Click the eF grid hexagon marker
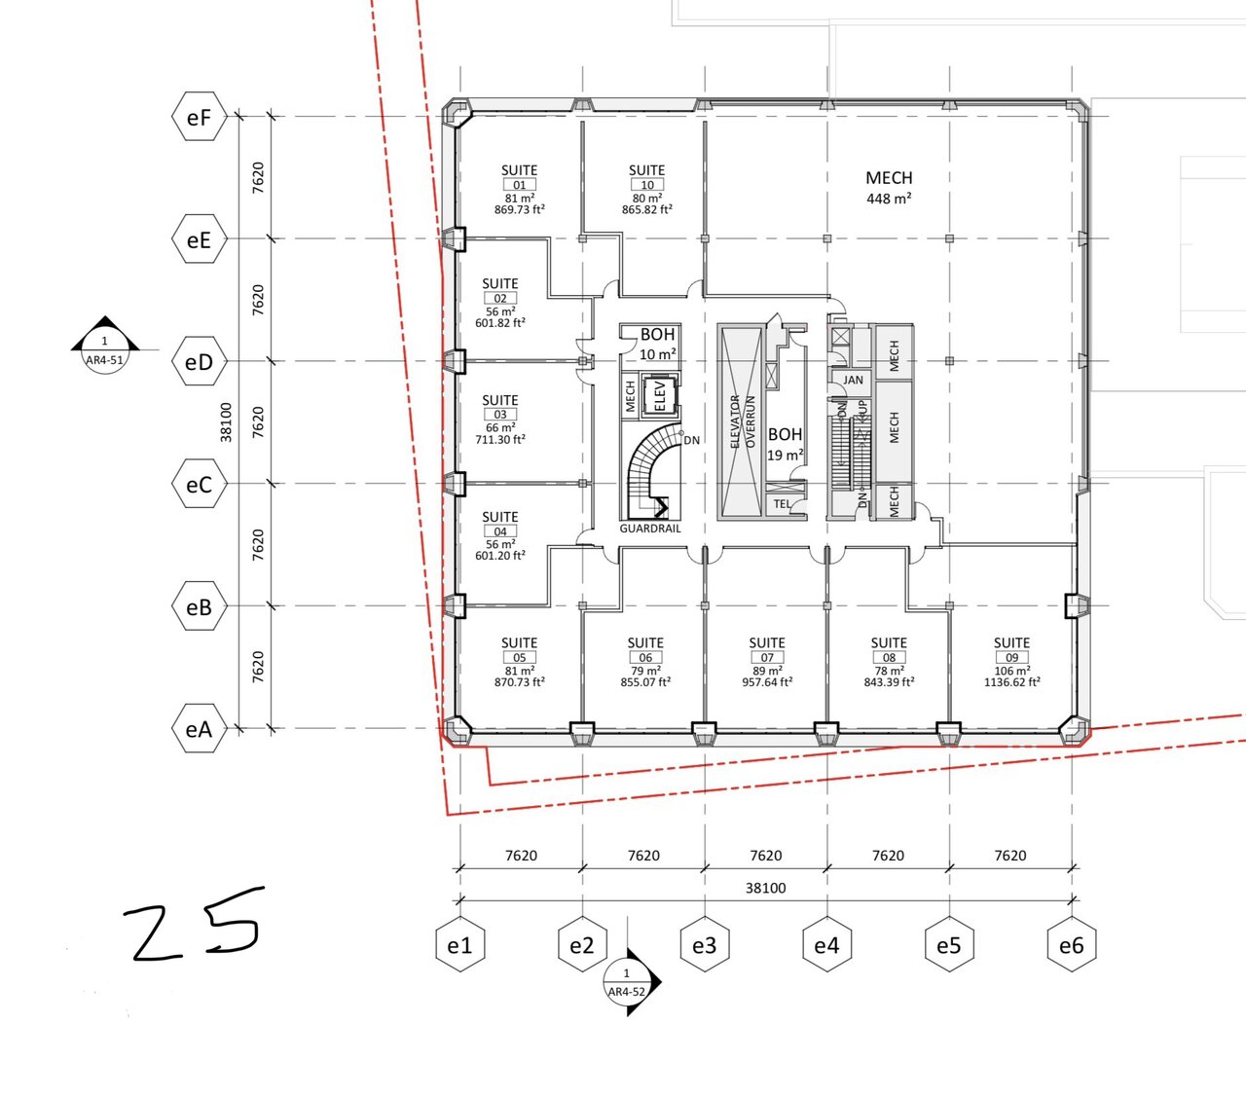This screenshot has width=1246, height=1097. pyautogui.click(x=199, y=117)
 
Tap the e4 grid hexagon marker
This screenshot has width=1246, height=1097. pyautogui.click(x=826, y=944)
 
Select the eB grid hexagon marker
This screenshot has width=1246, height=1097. pyautogui.click(x=199, y=607)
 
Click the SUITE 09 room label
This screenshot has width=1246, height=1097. pyautogui.click(x=1011, y=650)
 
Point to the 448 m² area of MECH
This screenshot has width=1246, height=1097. pyautogui.click(x=889, y=199)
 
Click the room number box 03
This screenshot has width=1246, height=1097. pyautogui.click(x=500, y=415)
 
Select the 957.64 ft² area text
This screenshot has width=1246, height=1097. pyautogui.click(x=767, y=682)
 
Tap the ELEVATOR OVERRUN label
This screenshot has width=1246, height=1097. pyautogui.click(x=742, y=421)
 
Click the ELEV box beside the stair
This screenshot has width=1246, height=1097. pyautogui.click(x=659, y=394)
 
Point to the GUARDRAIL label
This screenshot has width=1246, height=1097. pyautogui.click(x=650, y=529)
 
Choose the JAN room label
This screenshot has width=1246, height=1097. pyautogui.click(x=853, y=380)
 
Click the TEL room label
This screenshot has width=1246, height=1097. pyautogui.click(x=782, y=503)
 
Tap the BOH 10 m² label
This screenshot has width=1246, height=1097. pyautogui.click(x=657, y=345)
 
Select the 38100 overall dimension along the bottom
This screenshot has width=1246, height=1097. pyautogui.click(x=766, y=888)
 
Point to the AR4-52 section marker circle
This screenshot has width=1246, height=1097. pyautogui.click(x=627, y=982)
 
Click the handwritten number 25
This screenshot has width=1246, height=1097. pyautogui.click(x=195, y=924)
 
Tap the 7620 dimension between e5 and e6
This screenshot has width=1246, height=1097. pyautogui.click(x=1010, y=856)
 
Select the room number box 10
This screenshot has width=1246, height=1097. pyautogui.click(x=647, y=185)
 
